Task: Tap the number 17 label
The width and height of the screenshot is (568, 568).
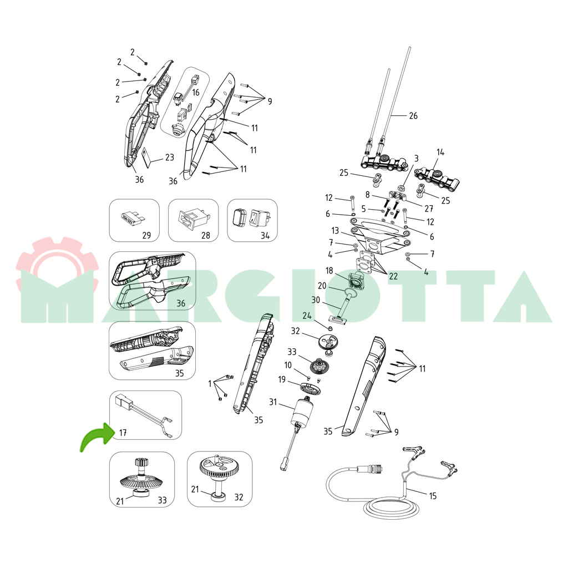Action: point(123,433)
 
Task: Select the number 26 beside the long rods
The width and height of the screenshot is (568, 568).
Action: point(413,115)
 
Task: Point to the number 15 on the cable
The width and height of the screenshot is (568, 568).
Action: point(433,496)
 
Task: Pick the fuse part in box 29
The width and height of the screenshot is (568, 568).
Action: point(133,219)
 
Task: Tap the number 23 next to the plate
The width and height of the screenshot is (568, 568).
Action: point(170,157)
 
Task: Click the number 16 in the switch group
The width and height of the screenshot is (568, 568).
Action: point(196,93)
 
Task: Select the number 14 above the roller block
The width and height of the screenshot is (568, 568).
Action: point(440,152)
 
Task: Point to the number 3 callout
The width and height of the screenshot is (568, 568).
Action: point(417,158)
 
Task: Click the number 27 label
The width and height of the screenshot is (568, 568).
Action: point(429,209)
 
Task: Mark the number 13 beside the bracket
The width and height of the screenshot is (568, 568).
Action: point(335,231)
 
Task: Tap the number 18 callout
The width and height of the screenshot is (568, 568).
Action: point(329,271)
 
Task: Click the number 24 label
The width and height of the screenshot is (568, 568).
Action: point(307,316)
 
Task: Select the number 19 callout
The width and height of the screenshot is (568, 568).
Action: point(282,379)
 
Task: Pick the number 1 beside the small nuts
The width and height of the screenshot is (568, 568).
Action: point(210,384)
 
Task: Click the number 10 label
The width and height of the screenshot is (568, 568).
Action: point(288,365)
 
